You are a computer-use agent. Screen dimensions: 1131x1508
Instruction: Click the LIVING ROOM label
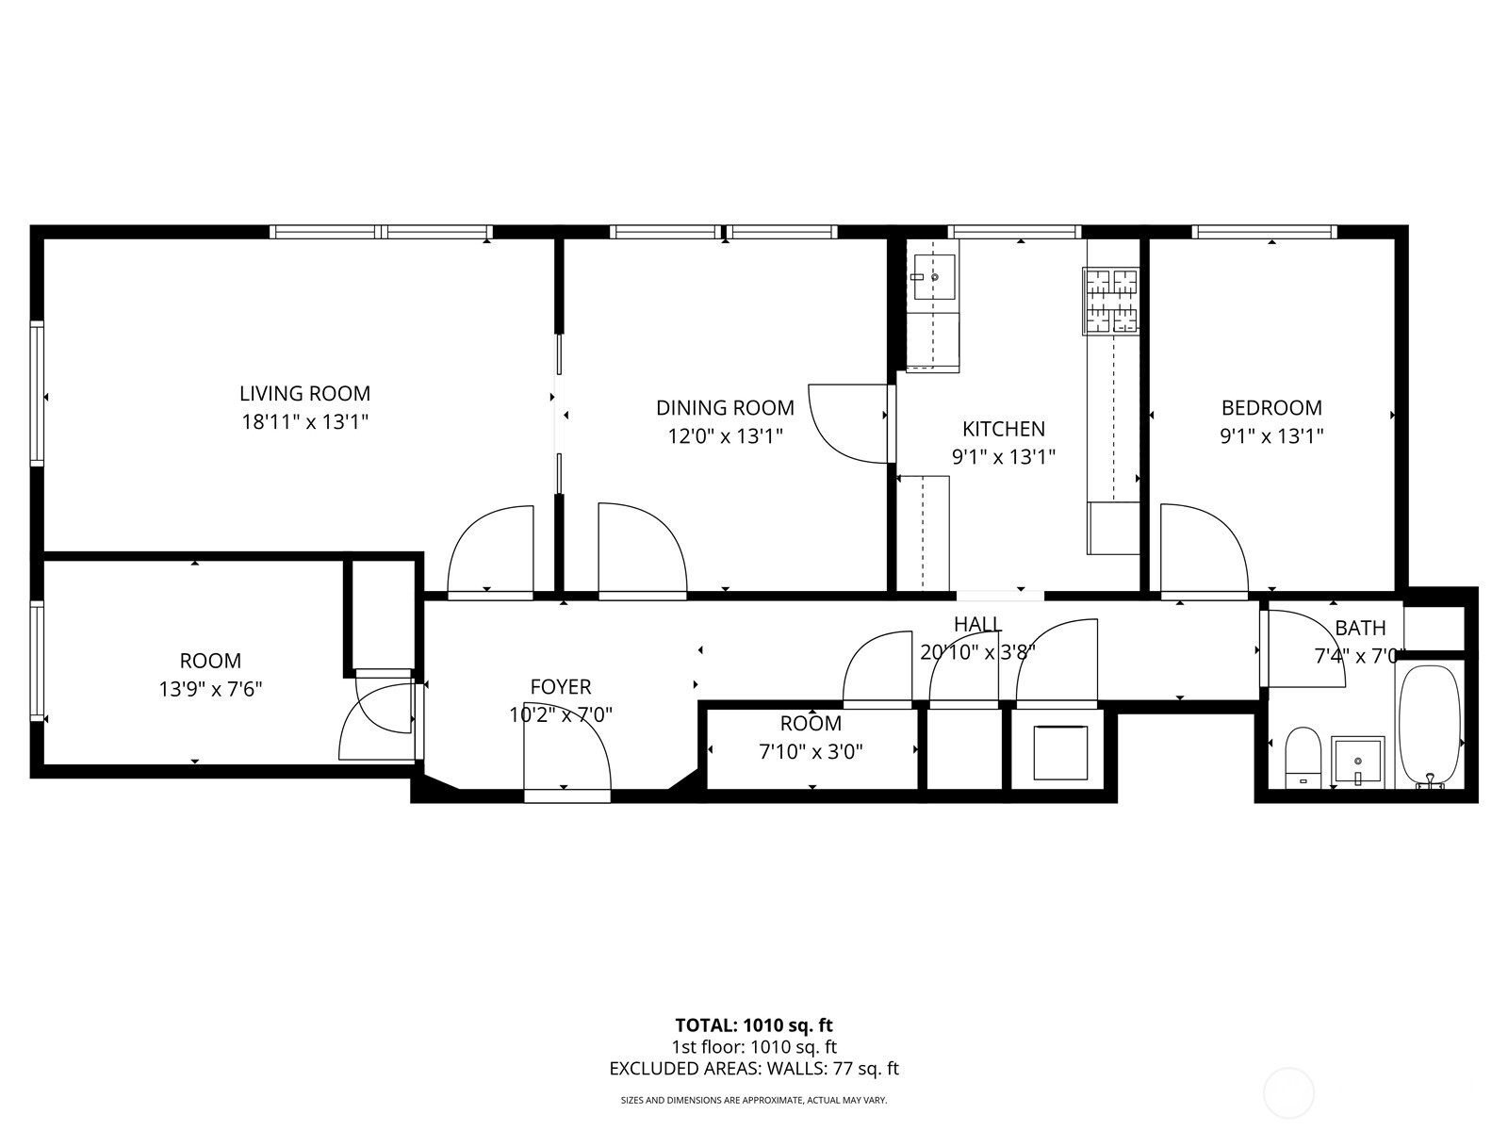click(x=304, y=393)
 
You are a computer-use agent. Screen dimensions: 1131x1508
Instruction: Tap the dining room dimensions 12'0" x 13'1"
click(x=725, y=435)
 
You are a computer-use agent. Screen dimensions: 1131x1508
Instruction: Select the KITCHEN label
click(x=1003, y=429)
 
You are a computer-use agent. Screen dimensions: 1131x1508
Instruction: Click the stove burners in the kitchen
click(x=1110, y=301)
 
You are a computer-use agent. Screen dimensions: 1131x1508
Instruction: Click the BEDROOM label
click(x=1271, y=407)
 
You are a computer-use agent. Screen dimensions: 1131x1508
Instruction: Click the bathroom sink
click(x=1358, y=760)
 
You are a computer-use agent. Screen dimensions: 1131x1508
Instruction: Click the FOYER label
click(x=561, y=687)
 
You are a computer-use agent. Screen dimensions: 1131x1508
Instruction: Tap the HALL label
click(x=977, y=624)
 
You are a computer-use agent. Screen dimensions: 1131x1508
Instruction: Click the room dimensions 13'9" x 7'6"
click(x=210, y=689)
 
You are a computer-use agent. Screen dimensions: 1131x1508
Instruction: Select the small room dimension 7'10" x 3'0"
click(x=811, y=751)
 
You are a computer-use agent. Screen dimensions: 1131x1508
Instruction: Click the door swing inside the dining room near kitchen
click(x=848, y=423)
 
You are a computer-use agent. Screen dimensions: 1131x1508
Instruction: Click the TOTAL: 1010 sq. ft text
click(x=753, y=1024)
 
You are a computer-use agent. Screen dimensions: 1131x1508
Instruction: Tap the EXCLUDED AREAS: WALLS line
click(x=753, y=1068)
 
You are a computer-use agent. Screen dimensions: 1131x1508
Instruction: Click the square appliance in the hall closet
click(x=1060, y=752)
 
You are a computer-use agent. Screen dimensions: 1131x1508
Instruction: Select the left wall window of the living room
click(x=38, y=393)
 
